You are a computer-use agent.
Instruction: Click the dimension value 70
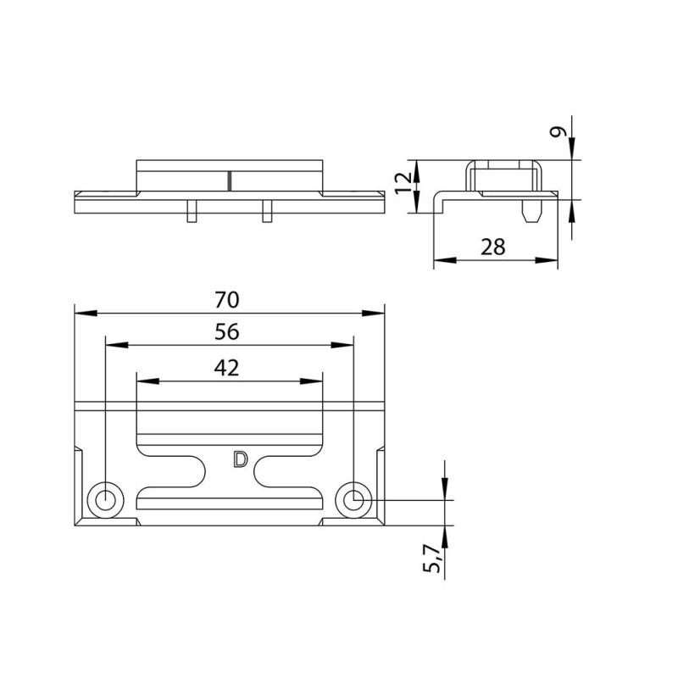226,300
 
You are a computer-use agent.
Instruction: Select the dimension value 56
226,331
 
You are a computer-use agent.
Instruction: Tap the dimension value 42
226,368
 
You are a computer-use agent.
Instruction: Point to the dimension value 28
493,247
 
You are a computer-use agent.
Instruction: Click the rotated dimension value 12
403,183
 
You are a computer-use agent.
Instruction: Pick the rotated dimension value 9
558,132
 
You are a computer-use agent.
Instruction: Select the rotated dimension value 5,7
431,559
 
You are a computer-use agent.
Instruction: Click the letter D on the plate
241,459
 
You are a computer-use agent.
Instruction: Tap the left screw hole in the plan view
105,500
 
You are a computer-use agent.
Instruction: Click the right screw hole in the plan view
353,500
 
